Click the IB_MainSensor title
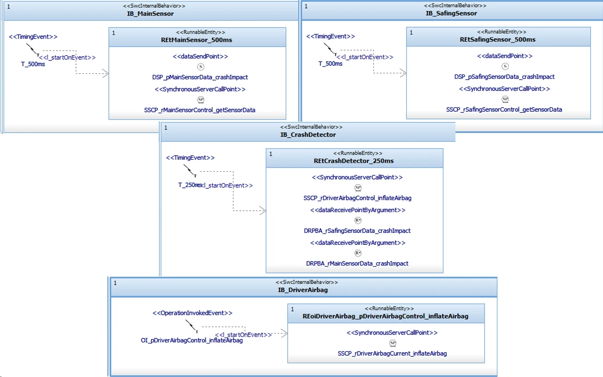click(150, 14)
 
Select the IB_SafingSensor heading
click(451, 13)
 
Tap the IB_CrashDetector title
click(308, 135)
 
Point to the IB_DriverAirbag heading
click(303, 290)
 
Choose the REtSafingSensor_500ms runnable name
click(497, 40)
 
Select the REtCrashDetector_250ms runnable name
click(354, 161)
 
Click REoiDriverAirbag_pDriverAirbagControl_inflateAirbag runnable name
click(385, 316)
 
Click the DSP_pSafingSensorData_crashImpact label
click(498, 77)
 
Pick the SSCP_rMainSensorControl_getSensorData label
click(200, 110)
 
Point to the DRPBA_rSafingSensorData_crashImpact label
click(357, 231)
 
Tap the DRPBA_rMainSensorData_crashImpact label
click(357, 263)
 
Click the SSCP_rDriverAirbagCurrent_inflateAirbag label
click(392, 354)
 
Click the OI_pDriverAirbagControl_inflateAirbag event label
click(192, 341)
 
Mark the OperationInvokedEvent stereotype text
click(192, 313)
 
